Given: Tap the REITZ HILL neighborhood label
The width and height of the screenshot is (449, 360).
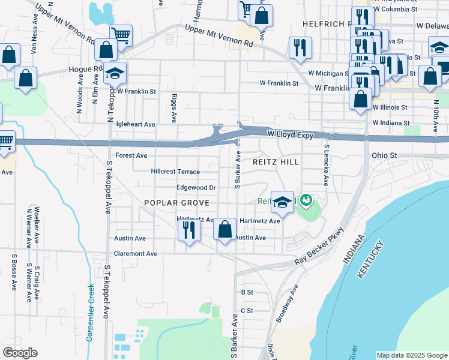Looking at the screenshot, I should (276, 162).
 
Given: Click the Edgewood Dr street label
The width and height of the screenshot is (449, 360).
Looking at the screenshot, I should (196, 188).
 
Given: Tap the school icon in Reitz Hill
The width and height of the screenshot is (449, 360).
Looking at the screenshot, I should (282, 203).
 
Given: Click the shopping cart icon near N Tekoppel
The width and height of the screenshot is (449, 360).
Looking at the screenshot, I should (121, 35).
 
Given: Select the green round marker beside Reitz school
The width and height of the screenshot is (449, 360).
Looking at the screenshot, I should (306, 199).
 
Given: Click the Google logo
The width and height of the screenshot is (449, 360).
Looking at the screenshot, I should (20, 353).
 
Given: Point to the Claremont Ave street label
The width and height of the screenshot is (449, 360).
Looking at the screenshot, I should (136, 254).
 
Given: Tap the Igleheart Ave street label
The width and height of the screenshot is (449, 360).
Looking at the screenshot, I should (136, 124).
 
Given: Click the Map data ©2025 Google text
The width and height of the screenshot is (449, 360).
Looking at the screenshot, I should (411, 355).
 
